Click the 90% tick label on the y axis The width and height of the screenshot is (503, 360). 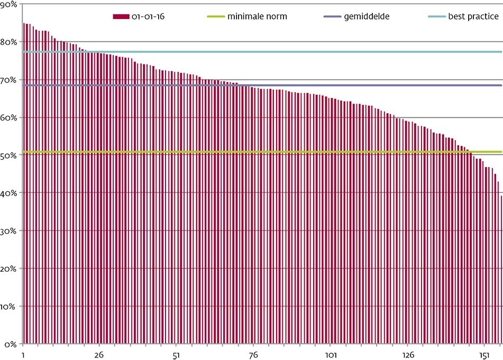coord(9,4)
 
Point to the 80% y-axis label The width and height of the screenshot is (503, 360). coord(9,42)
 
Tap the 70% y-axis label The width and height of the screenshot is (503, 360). coord(9,80)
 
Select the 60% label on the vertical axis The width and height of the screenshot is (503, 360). coord(9,117)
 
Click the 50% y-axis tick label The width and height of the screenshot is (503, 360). coord(9,155)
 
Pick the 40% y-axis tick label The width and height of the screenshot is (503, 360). coord(9,193)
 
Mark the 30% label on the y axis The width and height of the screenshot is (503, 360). coord(9,231)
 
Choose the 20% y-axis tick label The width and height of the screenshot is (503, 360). coord(9,269)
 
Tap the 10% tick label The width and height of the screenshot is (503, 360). coord(9,307)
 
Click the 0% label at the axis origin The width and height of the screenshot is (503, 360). coord(11,344)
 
